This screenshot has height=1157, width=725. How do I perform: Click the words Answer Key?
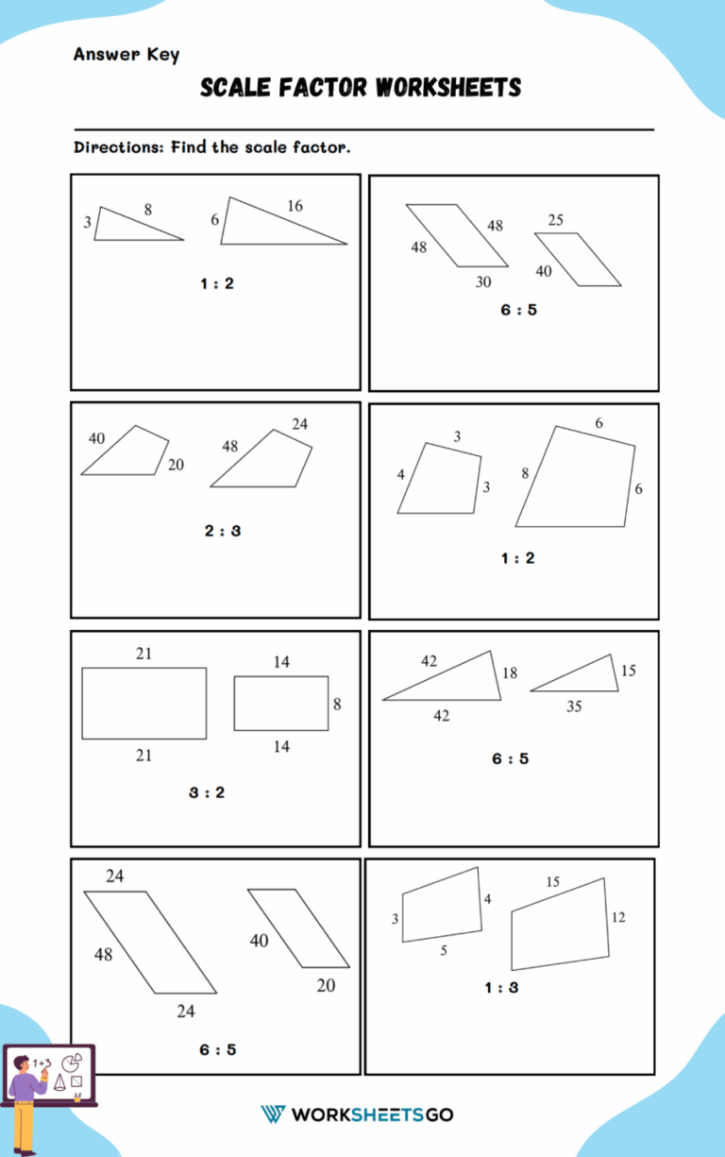pyautogui.click(x=126, y=55)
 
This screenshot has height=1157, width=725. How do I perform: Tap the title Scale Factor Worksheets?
pyautogui.click(x=361, y=89)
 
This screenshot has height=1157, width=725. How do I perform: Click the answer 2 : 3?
pyautogui.click(x=223, y=531)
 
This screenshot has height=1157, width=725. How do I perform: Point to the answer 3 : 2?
pyautogui.click(x=207, y=792)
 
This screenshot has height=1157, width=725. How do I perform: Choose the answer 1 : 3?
pyautogui.click(x=501, y=988)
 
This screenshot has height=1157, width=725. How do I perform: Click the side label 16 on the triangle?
pyautogui.click(x=295, y=206)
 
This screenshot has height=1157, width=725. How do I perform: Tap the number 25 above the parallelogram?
pyautogui.click(x=555, y=220)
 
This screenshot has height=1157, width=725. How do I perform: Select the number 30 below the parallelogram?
pyautogui.click(x=483, y=281)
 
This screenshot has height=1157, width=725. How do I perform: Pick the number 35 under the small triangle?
pyautogui.click(x=574, y=706)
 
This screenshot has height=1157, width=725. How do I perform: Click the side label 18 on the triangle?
pyautogui.click(x=510, y=673)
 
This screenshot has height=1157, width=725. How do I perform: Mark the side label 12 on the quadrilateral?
pyautogui.click(x=617, y=917)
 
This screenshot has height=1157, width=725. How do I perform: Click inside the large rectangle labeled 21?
pyautogui.click(x=143, y=703)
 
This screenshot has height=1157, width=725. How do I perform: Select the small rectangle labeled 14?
pyautogui.click(x=281, y=704)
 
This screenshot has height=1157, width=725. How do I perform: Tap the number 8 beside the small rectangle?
pyautogui.click(x=337, y=704)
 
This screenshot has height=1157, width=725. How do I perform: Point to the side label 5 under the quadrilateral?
pyautogui.click(x=444, y=951)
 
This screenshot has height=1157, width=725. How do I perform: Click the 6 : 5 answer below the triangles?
pyautogui.click(x=510, y=758)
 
